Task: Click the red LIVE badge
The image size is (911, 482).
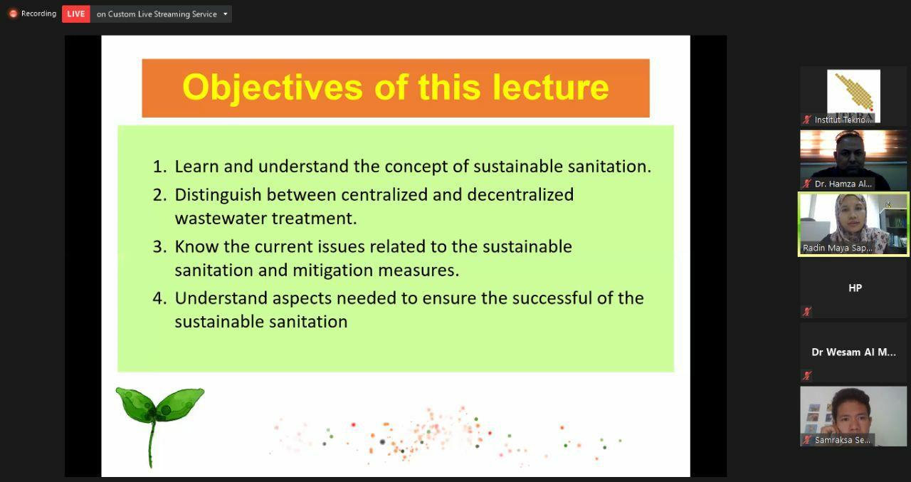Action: point(76,14)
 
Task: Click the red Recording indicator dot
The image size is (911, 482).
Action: point(13,14)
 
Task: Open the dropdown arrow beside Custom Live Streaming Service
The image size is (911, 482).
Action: point(226,14)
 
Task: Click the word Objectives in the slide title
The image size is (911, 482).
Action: point(273,88)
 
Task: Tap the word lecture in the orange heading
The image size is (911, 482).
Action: point(551,87)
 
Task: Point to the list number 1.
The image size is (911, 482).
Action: point(159,167)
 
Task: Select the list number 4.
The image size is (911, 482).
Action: point(159,298)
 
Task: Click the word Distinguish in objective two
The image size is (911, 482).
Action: point(218,196)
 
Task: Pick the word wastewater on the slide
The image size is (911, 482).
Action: point(221,219)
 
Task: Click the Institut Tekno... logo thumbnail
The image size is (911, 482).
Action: point(853,95)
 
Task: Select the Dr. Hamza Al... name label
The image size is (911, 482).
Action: point(843,184)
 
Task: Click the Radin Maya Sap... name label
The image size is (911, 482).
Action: point(838,248)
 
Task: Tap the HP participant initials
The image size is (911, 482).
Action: point(855,288)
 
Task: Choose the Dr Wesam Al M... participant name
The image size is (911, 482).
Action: point(853,352)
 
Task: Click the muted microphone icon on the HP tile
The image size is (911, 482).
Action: point(807,312)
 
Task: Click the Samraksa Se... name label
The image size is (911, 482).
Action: point(842,440)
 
